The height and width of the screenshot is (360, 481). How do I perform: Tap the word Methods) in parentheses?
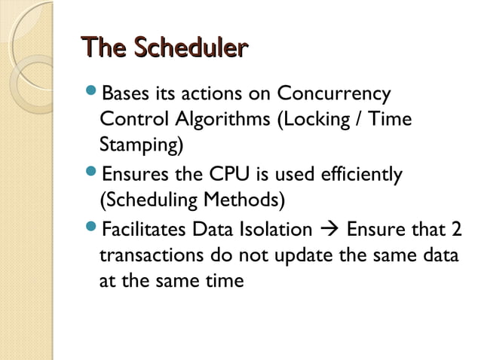point(247,200)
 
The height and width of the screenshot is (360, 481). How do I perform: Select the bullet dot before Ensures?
point(90,175)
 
